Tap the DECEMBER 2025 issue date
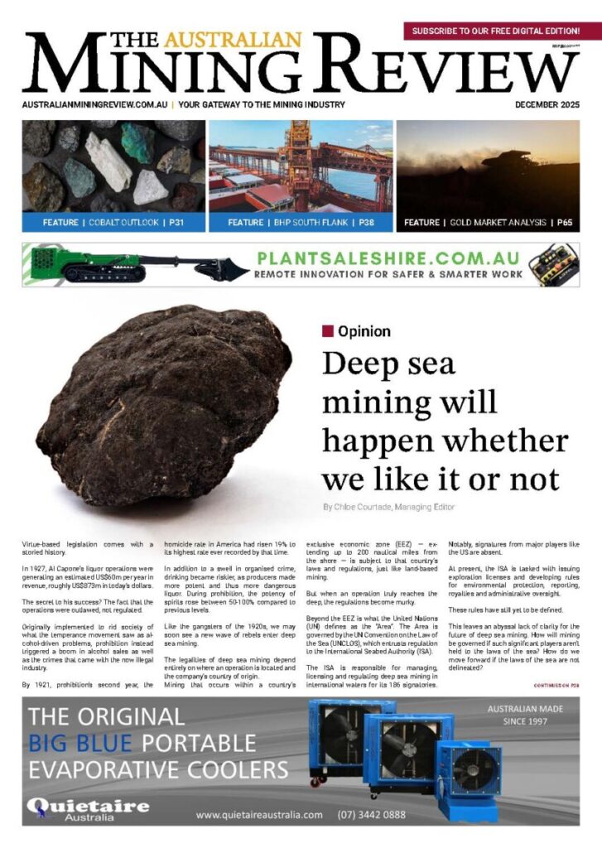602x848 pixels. [x=547, y=105]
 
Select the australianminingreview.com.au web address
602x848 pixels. [x=95, y=105]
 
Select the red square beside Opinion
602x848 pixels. [x=328, y=331]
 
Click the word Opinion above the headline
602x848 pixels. [x=364, y=331]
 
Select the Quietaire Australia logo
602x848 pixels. [x=87, y=807]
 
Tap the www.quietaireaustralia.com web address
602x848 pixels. [x=259, y=815]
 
